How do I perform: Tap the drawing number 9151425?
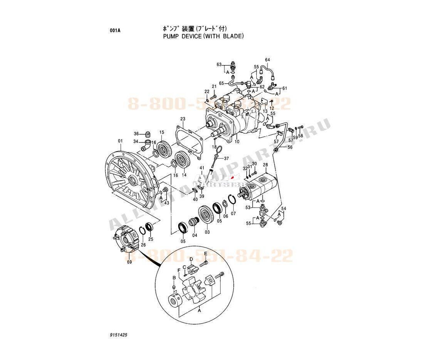pyautogui.click(x=118, y=335)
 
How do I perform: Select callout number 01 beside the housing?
pyautogui.click(x=120, y=141)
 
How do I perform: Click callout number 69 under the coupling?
pyautogui.click(x=129, y=262)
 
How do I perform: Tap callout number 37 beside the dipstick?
pyautogui.click(x=226, y=158)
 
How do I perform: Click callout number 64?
pyautogui.click(x=268, y=60)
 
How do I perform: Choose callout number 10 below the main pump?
pyautogui.click(x=237, y=142)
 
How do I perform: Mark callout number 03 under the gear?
pyautogui.click(x=207, y=232)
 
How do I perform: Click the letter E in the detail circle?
pyautogui.click(x=206, y=253)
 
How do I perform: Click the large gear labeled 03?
pyautogui.click(x=206, y=216)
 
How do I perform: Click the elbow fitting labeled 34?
pyautogui.click(x=147, y=147)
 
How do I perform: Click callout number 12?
pyautogui.click(x=271, y=108)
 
